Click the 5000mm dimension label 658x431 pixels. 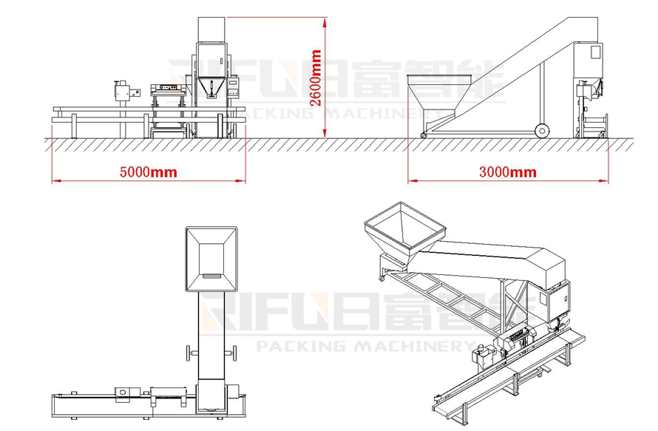click(148, 172)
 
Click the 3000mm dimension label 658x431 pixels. click(508, 172)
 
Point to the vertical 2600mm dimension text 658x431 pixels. click(315, 78)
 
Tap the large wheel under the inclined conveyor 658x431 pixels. click(542, 131)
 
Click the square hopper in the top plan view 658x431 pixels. click(211, 259)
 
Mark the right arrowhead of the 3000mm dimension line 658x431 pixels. click(603, 181)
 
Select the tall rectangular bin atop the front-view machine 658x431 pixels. click(212, 30)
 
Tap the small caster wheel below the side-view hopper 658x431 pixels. click(424, 135)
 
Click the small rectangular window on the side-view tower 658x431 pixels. click(595, 52)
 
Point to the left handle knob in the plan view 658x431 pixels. click(190, 353)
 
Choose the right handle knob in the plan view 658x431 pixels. click(232, 353)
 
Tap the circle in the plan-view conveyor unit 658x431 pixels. click(123, 392)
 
